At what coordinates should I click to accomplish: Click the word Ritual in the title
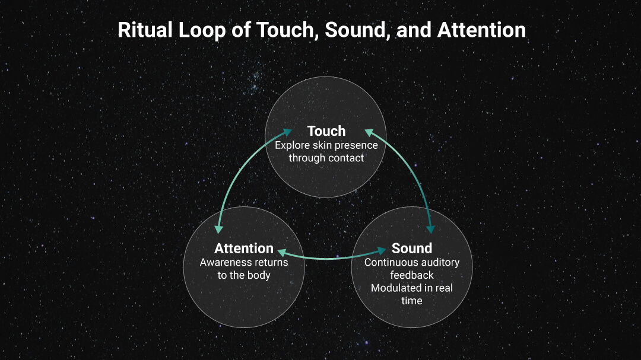pos(145,30)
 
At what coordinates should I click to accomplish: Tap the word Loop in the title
pos(202,31)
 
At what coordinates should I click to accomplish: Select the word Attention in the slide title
pos(481,30)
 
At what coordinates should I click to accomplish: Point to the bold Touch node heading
pos(326,130)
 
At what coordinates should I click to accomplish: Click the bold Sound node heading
pos(412,248)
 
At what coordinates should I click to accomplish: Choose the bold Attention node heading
pos(244,248)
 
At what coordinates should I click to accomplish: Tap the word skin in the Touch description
pos(322,145)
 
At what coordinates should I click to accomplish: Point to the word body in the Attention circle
pos(259,275)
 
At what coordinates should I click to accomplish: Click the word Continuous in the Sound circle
pos(389,262)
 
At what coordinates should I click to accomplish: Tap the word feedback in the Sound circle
pos(412,275)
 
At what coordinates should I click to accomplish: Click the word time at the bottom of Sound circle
pos(412,301)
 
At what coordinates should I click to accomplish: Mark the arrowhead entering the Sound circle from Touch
pos(430,230)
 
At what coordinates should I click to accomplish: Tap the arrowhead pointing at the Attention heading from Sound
pos(282,252)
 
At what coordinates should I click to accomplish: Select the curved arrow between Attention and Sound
pos(332,258)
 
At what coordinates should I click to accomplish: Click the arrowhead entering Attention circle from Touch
pos(218,230)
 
